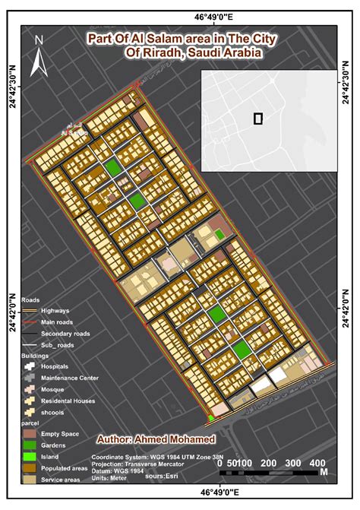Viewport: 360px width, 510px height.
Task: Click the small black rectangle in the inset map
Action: pos(258,118)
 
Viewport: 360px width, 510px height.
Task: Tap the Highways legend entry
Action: pos(55,311)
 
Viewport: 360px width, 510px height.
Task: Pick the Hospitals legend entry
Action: pos(55,366)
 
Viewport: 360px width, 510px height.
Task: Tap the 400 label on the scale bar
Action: pos(318,463)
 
